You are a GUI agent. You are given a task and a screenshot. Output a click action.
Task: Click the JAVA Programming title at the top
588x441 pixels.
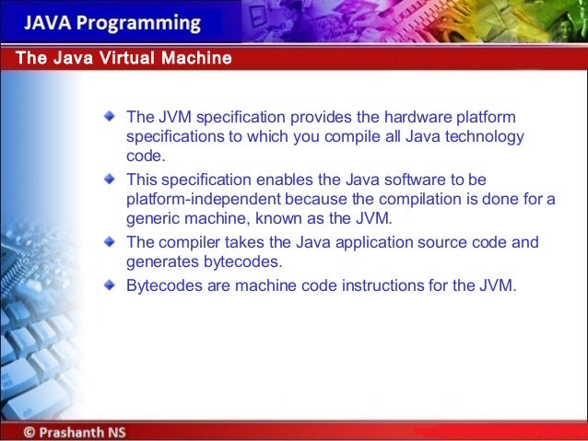112,22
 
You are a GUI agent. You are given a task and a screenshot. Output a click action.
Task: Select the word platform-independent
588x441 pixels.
197,200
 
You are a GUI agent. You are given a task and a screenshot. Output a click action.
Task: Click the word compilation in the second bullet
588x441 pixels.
404,200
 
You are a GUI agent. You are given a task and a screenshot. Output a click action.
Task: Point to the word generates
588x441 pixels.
161,262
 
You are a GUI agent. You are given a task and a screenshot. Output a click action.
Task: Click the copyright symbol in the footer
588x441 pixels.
30,430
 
